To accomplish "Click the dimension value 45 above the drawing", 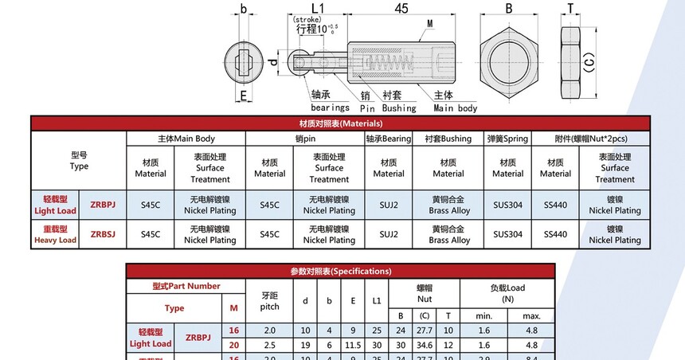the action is pos(401,8).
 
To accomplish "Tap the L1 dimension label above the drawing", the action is pos(318,8).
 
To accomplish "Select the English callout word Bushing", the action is pos(399,108).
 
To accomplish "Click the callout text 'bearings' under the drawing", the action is pos(330,108).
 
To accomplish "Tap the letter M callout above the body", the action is pos(430,24).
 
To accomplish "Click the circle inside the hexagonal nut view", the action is pos(509,61).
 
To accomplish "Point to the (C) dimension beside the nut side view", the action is pos(589,62).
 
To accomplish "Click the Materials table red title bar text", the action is pos(341,123).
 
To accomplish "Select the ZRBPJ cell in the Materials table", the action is pos(103,205).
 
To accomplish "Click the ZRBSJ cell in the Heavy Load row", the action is pos(103,234).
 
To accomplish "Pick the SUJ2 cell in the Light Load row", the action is pos(389,205).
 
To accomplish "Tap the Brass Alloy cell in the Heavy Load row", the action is pos(448,235).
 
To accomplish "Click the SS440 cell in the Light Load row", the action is pos(555,205).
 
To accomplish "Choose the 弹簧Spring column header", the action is pos(507,139).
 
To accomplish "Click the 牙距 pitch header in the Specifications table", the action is pos(269,301).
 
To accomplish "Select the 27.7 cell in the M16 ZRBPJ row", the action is pos(425,331).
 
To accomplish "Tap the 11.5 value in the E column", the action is pos(353,345).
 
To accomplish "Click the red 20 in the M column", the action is pos(233,345).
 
